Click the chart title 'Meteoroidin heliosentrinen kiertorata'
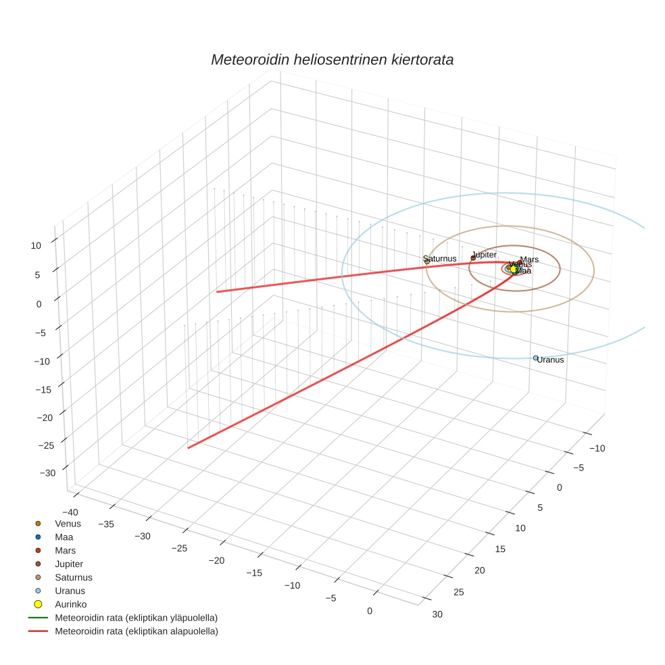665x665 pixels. (332, 59)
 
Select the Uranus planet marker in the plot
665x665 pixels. (535, 358)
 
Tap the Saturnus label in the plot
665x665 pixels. (440, 259)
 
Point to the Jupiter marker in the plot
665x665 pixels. (473, 257)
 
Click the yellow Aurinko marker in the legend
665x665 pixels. (39, 604)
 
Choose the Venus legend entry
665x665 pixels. (68, 523)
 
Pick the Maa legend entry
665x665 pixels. (64, 537)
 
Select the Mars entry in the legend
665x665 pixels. (66, 550)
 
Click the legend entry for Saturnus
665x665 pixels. (73, 577)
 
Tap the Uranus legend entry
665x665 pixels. (70, 591)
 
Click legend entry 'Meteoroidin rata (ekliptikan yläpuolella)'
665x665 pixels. (136, 618)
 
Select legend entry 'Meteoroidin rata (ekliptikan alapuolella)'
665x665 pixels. (136, 631)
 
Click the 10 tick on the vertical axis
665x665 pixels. (36, 246)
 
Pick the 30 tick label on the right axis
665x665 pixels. (437, 614)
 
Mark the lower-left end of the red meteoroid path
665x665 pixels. (189, 447)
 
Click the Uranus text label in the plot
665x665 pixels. (551, 360)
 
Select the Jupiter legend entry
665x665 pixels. (69, 564)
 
